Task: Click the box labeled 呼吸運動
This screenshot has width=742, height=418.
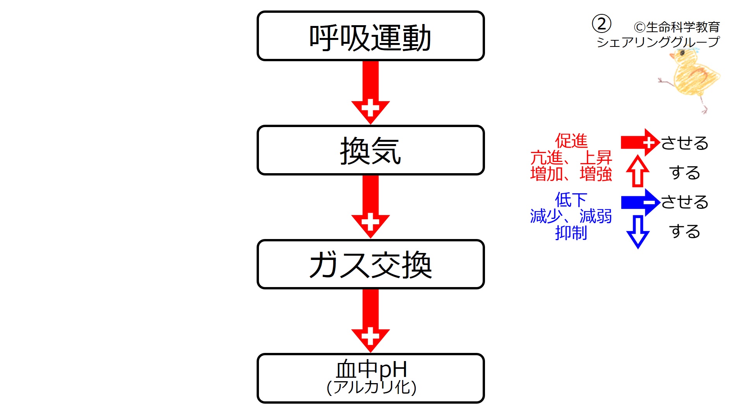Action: coord(370,36)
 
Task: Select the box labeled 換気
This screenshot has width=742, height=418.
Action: coord(370,150)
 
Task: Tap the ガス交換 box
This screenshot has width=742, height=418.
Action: coord(370,264)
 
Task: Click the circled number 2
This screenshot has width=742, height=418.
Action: coord(601,24)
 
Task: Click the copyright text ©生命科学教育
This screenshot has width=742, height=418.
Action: coord(677,27)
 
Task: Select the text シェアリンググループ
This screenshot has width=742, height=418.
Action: coord(658,42)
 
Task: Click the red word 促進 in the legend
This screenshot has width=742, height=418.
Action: coord(571,141)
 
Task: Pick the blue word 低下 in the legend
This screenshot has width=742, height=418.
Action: coord(571,200)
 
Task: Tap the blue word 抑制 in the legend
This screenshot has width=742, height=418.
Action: coord(571,233)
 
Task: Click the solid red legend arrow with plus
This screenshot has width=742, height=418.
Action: coord(639,143)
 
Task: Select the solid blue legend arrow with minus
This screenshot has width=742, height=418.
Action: coord(639,202)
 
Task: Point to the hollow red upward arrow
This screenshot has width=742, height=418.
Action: coord(637,172)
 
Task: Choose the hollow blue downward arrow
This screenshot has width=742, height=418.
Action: coord(637,232)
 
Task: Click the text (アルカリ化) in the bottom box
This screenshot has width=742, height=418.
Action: coord(371,387)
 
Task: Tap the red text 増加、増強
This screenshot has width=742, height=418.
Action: coord(571,174)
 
